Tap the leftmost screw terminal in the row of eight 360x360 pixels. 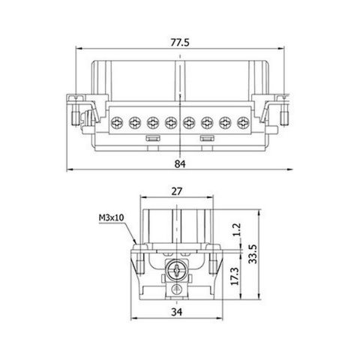tap(116, 121)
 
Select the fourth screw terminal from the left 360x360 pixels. tap(170, 121)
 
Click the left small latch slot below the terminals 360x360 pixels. tap(150, 139)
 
